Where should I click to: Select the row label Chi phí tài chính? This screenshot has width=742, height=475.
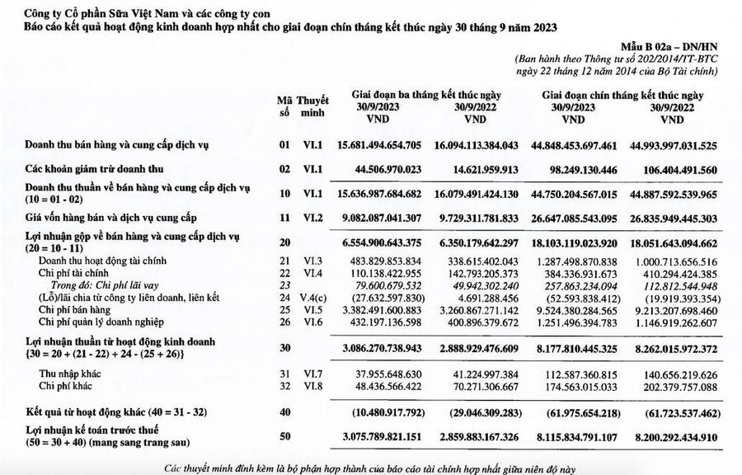[76, 273]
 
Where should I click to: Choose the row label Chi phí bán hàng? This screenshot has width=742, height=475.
[76, 309]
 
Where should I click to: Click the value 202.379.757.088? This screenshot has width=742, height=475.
[676, 385]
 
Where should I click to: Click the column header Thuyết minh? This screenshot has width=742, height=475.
[312, 106]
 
